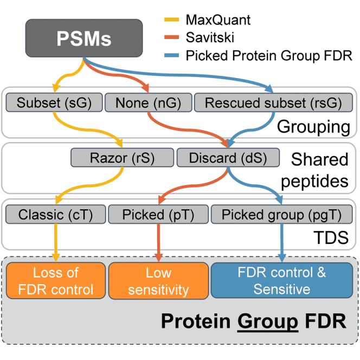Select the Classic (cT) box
(x=55, y=215)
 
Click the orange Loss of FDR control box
(x=56, y=280)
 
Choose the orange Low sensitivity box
(x=159, y=280)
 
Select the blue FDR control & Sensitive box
(x=281, y=280)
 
